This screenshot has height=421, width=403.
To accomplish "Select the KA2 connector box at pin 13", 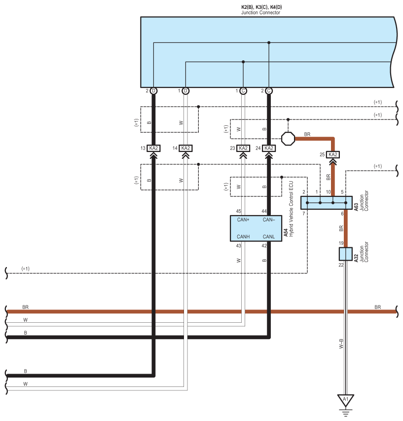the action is (x=153, y=148).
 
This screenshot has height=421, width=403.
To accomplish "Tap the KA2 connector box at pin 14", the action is (x=185, y=148).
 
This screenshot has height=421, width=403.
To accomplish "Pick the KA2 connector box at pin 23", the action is (x=243, y=148).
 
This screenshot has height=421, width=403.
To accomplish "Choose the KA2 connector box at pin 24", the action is (x=268, y=148).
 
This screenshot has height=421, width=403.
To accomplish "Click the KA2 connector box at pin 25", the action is (x=332, y=154).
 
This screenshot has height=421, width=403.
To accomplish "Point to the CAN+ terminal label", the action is (x=243, y=220).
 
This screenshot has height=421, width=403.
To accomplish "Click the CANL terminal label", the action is (x=268, y=237).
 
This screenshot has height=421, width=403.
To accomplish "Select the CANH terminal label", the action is (x=243, y=237).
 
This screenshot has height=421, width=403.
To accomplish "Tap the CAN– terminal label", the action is (x=269, y=220).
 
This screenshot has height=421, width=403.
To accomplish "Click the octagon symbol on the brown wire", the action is (x=288, y=139).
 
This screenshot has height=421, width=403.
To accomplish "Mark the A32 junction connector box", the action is (x=346, y=254).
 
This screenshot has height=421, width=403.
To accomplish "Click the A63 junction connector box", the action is (x=326, y=203).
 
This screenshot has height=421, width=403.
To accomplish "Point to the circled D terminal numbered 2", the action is (x=153, y=91).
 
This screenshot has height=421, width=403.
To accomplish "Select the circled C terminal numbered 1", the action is (x=243, y=91).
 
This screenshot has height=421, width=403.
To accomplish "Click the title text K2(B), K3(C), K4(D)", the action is (x=261, y=7).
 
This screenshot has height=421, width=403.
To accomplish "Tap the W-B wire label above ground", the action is (x=341, y=344).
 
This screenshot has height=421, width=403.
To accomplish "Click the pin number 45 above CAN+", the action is (x=239, y=211).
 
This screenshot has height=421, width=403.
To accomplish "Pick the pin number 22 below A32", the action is (x=341, y=265).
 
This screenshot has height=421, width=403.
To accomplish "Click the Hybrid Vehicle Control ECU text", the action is (x=291, y=209).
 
